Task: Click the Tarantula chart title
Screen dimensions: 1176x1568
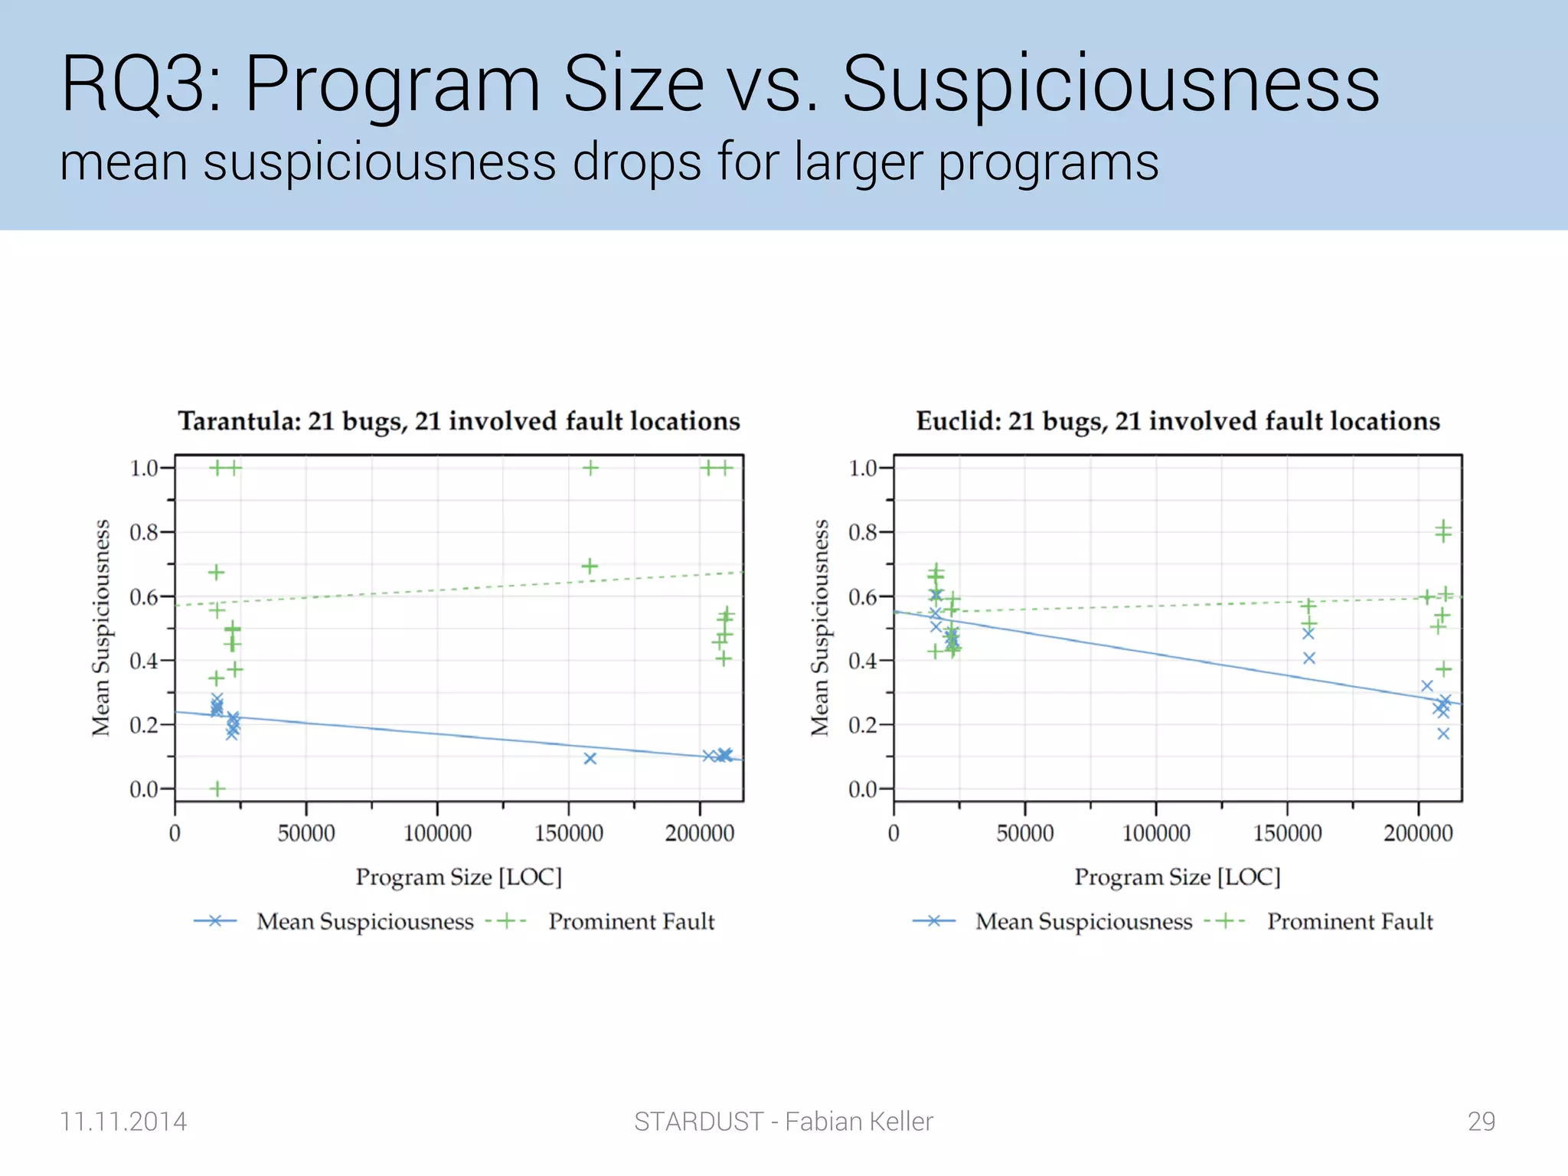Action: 459,421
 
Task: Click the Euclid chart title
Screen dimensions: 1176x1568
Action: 1178,421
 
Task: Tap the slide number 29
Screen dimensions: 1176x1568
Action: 1481,1121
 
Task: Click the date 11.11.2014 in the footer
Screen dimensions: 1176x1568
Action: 123,1121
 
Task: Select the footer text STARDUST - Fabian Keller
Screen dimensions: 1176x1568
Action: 783,1121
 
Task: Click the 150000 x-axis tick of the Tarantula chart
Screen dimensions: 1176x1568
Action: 568,833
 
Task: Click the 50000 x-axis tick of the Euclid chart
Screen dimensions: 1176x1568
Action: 1024,833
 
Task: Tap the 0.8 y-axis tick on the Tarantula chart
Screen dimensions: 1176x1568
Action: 143,532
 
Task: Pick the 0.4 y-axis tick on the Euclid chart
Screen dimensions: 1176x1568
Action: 862,661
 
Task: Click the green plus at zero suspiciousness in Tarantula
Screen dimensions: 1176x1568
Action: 217,789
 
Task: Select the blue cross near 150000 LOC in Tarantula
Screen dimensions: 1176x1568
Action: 590,759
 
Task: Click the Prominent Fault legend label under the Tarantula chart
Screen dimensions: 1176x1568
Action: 631,921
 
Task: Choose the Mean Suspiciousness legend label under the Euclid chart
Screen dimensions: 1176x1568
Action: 1083,921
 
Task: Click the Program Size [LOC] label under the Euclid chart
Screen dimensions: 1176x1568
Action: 1177,877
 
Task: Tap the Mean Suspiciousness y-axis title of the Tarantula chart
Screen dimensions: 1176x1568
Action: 101,628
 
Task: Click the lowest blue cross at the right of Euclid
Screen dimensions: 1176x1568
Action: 1443,733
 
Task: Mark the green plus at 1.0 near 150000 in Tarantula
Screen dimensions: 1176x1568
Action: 590,468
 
